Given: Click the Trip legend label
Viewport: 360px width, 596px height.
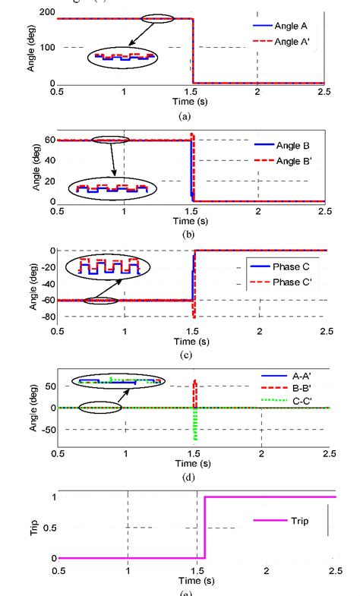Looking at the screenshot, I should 298,521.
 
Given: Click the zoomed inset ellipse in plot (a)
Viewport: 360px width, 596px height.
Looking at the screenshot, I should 122,57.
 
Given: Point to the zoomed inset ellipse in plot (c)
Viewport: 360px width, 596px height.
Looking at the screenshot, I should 105,266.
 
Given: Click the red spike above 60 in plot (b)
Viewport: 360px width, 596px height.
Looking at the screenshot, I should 193,137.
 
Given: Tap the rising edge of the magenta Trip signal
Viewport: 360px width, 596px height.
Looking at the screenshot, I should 204,528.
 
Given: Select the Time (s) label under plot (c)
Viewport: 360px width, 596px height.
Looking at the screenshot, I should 193,342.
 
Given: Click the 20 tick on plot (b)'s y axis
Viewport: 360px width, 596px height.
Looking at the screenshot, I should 49,181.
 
